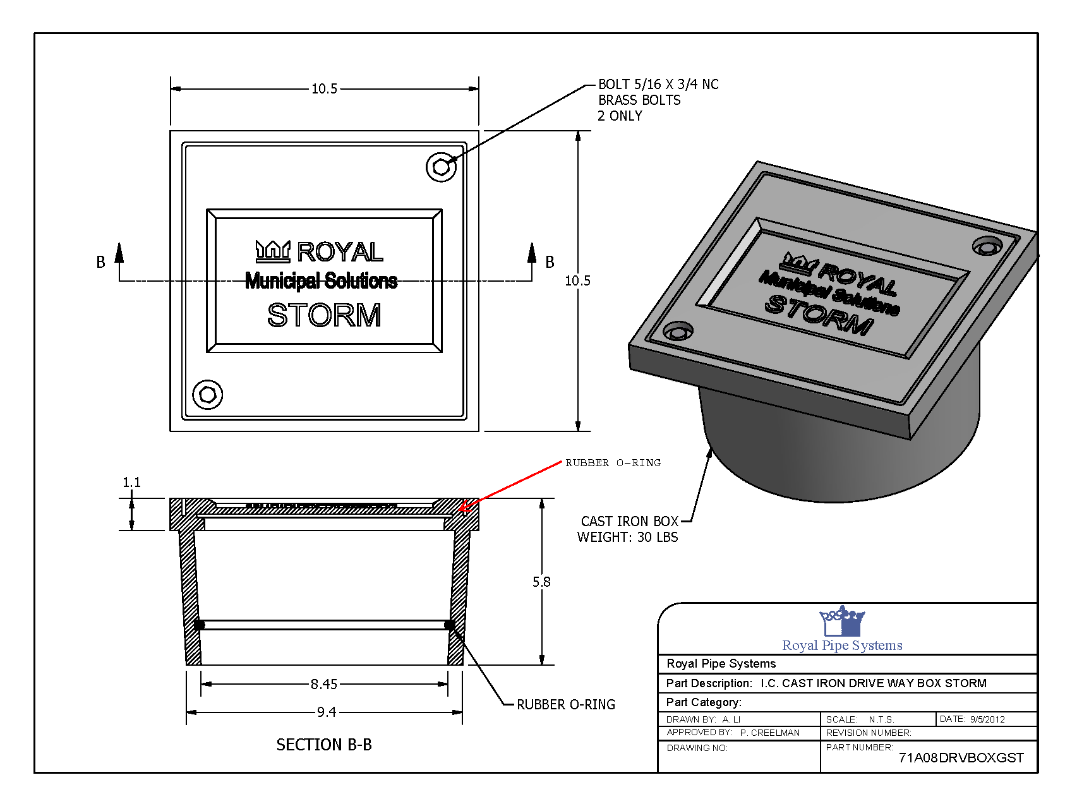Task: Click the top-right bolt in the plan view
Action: point(441,167)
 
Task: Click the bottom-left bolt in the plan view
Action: point(207,395)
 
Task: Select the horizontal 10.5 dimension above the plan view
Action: point(324,89)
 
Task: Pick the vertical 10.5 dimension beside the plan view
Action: point(577,280)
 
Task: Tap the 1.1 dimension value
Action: point(131,483)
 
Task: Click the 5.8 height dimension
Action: point(541,582)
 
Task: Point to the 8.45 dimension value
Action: point(324,684)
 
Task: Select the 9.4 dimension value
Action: point(326,712)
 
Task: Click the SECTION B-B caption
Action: point(324,745)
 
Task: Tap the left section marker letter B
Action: point(100,262)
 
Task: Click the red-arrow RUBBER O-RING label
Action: point(613,463)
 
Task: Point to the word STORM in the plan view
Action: point(324,315)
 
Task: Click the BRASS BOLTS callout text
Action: point(639,100)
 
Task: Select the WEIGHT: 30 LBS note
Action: point(627,538)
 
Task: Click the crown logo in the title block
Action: point(842,622)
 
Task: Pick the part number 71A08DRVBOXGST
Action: point(961,758)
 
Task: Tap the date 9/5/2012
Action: point(987,719)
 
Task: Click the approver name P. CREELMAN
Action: point(770,733)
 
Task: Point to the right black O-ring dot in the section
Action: point(450,625)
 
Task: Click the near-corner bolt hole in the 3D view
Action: point(678,330)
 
